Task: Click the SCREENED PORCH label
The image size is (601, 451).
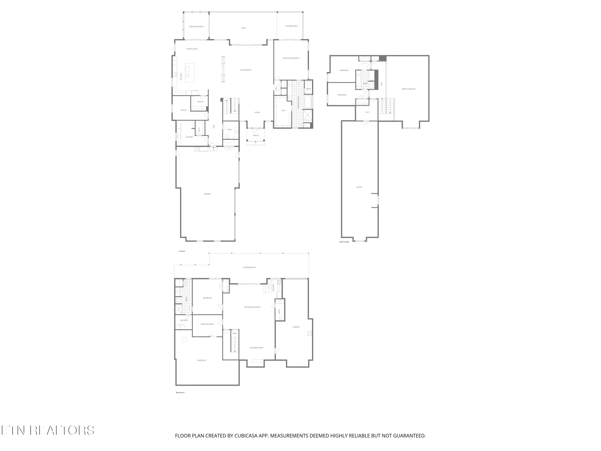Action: coord(196,27)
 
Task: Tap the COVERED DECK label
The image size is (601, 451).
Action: coord(291,26)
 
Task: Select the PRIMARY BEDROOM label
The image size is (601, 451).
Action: coord(291,58)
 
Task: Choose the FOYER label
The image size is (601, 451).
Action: coord(257,112)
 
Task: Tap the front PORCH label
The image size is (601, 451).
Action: coord(256,135)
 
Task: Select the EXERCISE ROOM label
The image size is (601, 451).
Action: coord(207,324)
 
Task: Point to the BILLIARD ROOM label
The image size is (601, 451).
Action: coord(256,348)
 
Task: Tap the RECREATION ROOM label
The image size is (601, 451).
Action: coord(252,307)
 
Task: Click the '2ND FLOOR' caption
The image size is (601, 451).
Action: coord(344,242)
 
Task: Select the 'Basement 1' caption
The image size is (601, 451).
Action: coord(181,392)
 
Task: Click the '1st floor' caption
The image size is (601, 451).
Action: coord(182,251)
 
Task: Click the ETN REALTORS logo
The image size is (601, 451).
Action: coord(48,430)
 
